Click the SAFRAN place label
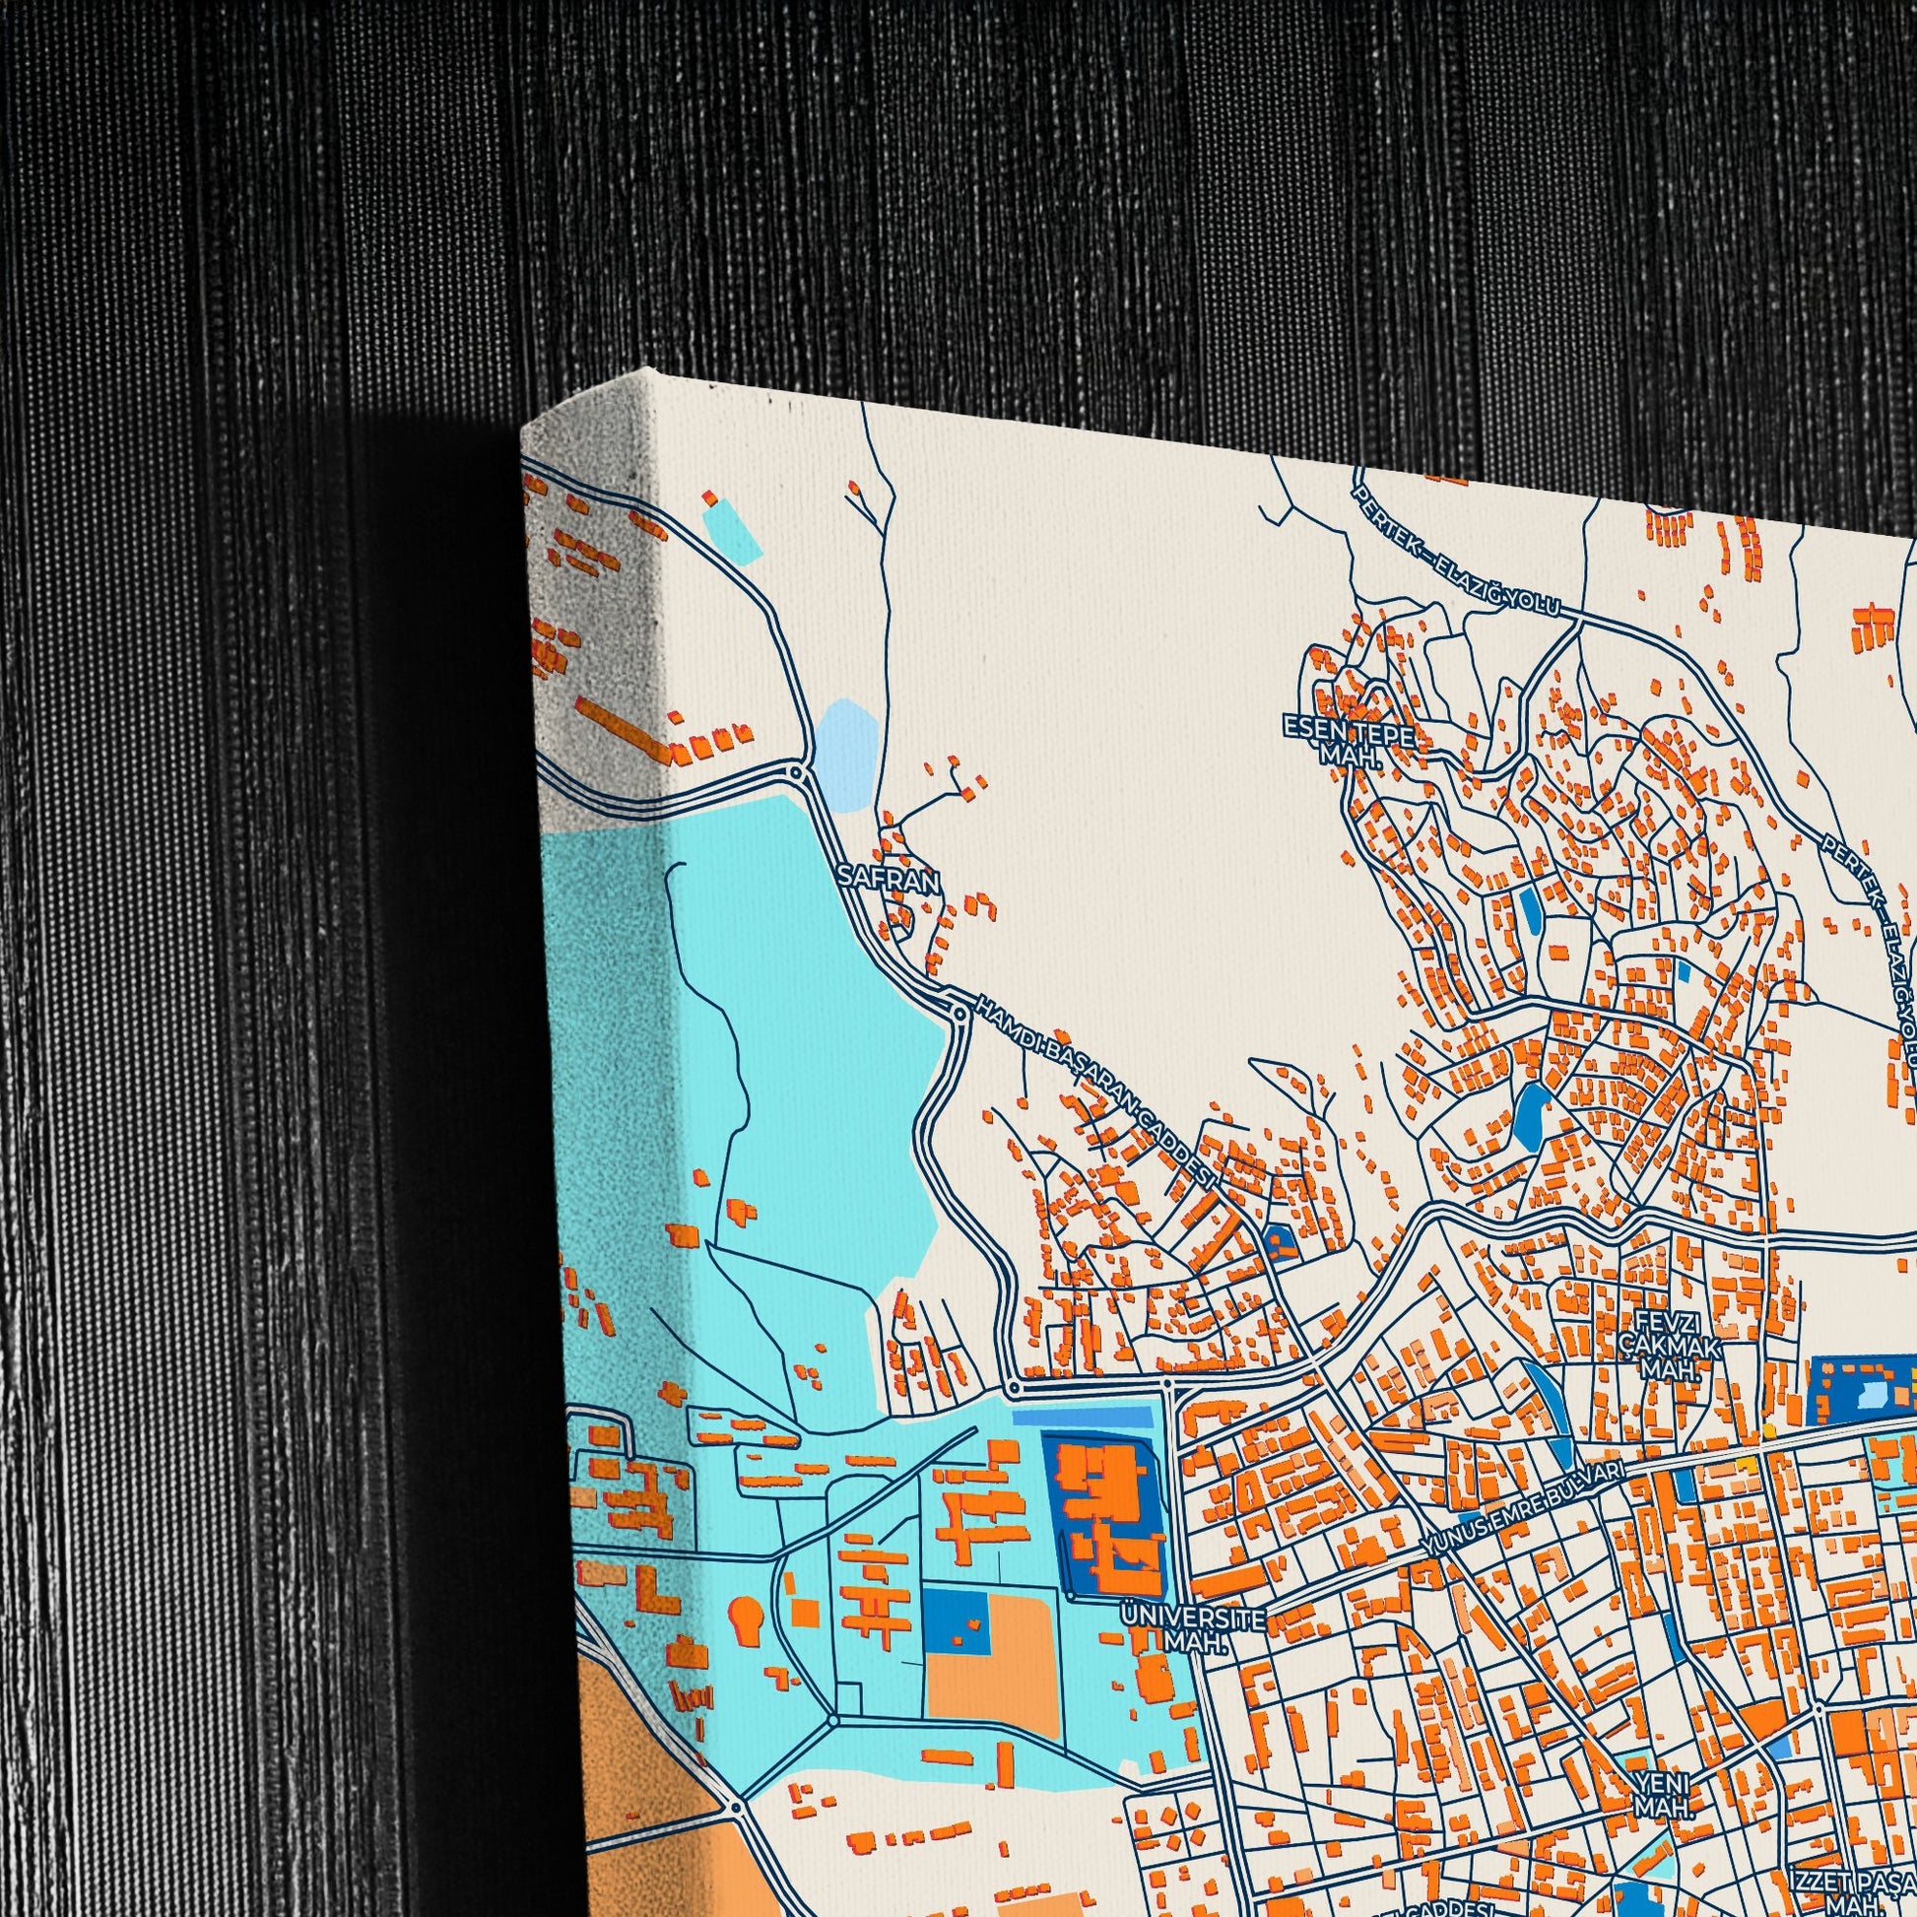(x=887, y=878)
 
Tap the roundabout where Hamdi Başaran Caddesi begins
(x=958, y=1013)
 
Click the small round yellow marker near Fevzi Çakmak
(x=1767, y=1429)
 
